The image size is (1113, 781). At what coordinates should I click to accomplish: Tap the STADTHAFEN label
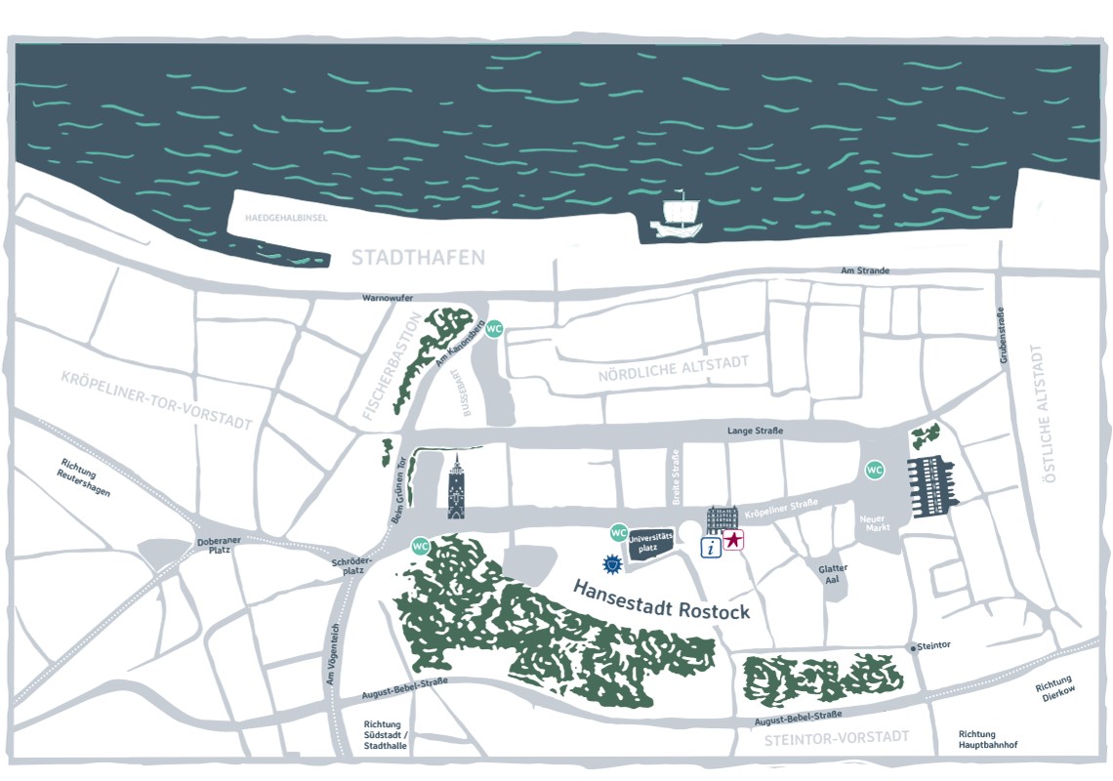click(418, 258)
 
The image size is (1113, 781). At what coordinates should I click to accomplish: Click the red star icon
click(734, 539)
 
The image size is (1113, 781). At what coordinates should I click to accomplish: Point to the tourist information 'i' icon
click(712, 548)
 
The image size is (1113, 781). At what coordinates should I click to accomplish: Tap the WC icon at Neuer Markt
click(875, 471)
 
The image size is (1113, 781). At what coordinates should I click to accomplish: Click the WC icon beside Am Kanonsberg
click(494, 328)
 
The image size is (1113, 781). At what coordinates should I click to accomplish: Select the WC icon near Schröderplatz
click(422, 545)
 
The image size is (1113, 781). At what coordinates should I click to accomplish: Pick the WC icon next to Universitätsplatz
click(618, 533)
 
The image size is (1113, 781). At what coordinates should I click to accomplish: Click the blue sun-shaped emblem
click(612, 563)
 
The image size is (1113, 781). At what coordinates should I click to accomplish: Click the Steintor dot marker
click(913, 647)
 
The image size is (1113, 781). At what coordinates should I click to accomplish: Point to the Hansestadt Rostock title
click(661, 599)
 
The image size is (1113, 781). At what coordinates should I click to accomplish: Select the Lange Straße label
click(755, 431)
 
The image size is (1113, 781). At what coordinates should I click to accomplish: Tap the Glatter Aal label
click(834, 574)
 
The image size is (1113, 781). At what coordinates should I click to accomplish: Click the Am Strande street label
click(864, 270)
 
